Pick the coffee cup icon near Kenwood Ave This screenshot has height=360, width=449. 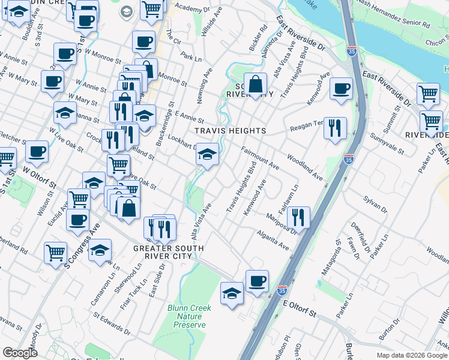tap(342, 89)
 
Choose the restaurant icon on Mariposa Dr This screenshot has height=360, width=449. tap(298, 217)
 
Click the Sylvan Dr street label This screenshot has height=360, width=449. tap(375, 203)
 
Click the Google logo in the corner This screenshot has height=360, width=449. tap(20, 353)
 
